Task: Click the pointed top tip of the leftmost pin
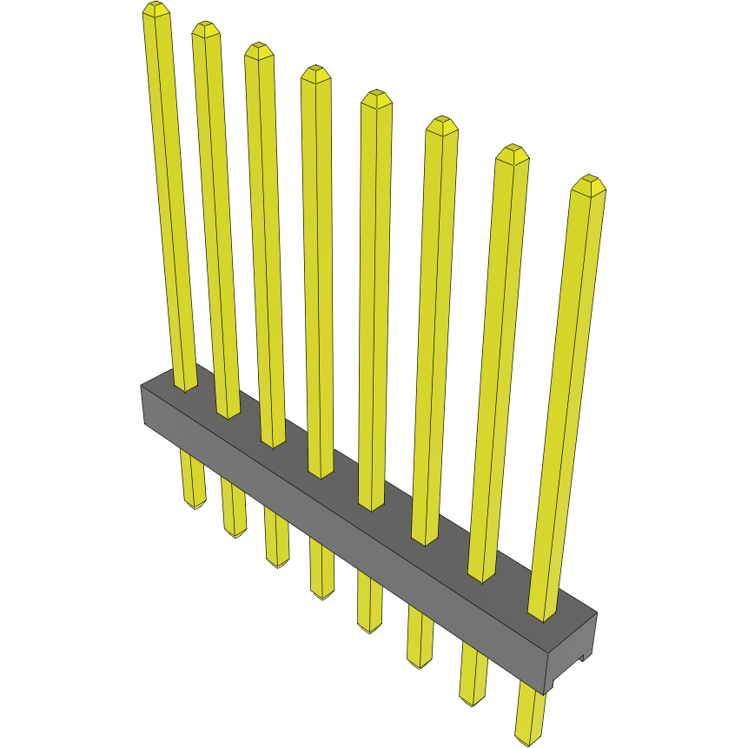pyautogui.click(x=156, y=9)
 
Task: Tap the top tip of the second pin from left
pyautogui.click(x=205, y=29)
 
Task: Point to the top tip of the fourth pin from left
pyautogui.click(x=315, y=71)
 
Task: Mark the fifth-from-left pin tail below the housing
pyautogui.click(x=369, y=604)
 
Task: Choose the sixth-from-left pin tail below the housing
pyautogui.click(x=420, y=639)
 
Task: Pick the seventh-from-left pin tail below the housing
pyautogui.click(x=473, y=674)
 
